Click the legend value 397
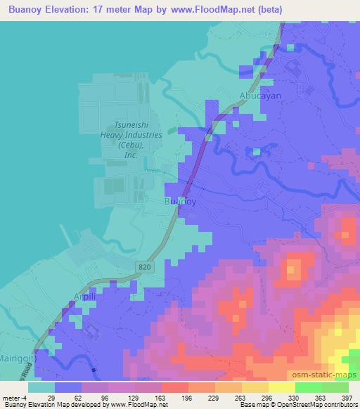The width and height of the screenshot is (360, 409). (347, 397)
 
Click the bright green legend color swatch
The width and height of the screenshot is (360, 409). (309, 387)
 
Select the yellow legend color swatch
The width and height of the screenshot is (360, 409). (281, 387)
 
